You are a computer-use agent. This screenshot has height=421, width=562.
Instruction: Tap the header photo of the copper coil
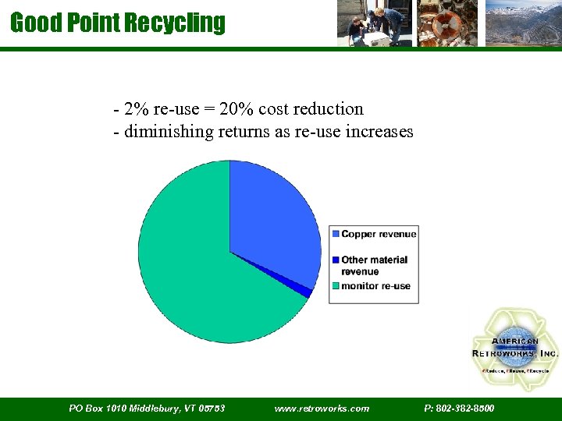point(447,23)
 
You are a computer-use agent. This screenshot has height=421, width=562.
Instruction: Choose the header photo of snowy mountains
point(522,23)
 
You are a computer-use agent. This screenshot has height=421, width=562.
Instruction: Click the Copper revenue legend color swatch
point(336,234)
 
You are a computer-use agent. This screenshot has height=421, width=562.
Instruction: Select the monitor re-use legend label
point(375,286)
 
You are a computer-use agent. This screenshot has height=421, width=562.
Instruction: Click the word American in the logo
point(514,341)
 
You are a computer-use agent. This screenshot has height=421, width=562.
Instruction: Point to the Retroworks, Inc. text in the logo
point(515,353)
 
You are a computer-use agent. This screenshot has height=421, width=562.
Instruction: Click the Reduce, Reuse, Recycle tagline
point(515,370)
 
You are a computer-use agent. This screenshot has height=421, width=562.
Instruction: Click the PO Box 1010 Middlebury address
point(147,409)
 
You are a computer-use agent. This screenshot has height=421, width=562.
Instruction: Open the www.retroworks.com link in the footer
point(322,409)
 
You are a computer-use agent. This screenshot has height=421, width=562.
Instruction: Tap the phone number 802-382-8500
point(459,409)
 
